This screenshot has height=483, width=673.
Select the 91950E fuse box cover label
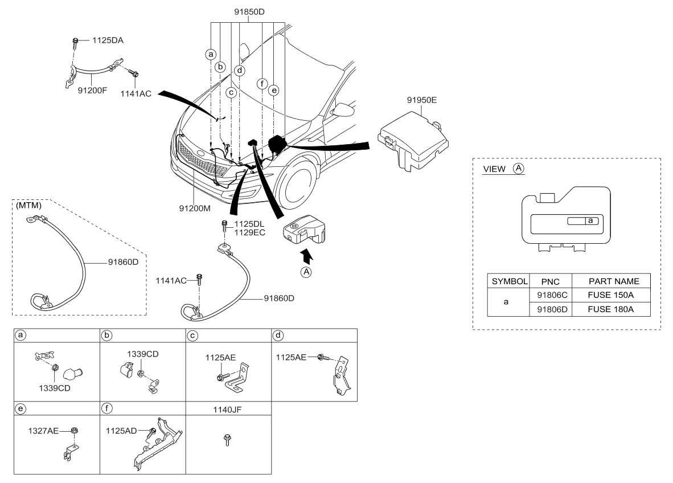(421, 100)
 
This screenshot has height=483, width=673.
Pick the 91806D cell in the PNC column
(550, 309)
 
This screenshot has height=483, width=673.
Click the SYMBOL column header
(510, 281)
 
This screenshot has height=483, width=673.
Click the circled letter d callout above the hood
(240, 71)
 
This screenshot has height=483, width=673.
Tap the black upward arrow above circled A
(306, 255)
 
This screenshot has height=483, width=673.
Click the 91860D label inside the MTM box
(124, 262)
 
